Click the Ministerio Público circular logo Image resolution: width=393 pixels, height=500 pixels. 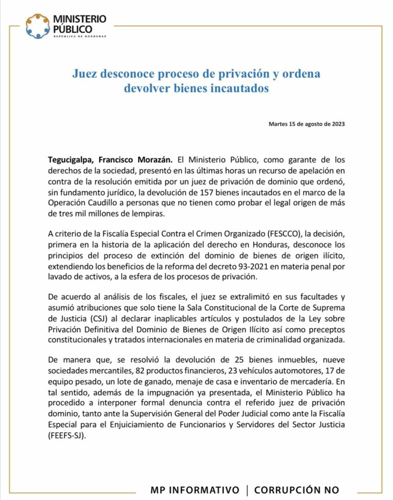pyautogui.click(x=38, y=26)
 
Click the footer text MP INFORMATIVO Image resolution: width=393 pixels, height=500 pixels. pyautogui.click(x=195, y=490)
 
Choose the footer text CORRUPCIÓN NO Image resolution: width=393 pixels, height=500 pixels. pyautogui.click(x=296, y=490)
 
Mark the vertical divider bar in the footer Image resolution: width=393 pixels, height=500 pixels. pyautogui.click(x=247, y=490)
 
